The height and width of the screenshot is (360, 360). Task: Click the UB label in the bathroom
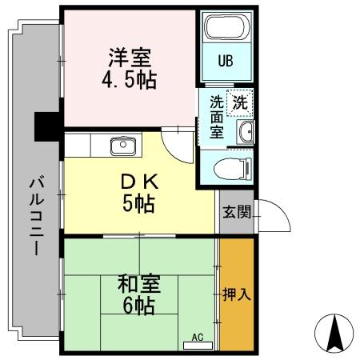[226, 61]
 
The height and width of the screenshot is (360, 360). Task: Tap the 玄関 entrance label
[237, 212]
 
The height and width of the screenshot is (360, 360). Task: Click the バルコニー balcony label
[36, 216]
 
